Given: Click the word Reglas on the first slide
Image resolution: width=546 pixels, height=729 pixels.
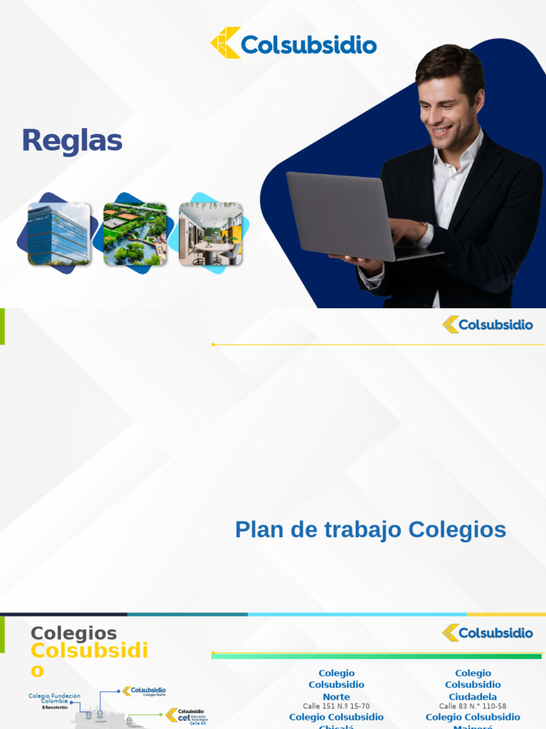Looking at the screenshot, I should [x=72, y=141].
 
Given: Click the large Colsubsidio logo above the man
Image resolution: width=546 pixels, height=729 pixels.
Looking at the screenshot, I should [x=294, y=43].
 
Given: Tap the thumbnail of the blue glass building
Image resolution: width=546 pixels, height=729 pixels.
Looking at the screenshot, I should [x=59, y=234].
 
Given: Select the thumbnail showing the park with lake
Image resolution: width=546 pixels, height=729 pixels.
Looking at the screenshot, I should [x=135, y=234].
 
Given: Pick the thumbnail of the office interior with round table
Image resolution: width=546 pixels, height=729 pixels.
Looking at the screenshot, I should [x=210, y=234].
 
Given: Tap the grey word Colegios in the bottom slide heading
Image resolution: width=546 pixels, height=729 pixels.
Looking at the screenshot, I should [x=73, y=633].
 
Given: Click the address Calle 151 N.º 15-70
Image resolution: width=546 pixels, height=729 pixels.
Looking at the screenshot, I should [x=336, y=706].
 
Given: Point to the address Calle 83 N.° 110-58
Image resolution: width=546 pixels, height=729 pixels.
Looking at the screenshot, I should [x=473, y=706].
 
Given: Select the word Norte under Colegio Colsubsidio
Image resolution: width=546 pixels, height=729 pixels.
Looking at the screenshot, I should [x=336, y=696].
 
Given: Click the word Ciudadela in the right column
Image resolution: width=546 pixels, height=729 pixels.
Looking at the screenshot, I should [x=473, y=696].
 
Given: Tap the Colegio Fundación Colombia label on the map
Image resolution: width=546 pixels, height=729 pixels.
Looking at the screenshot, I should [x=54, y=698].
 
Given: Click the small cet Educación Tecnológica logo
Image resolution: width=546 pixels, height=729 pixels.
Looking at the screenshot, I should [x=187, y=715].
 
